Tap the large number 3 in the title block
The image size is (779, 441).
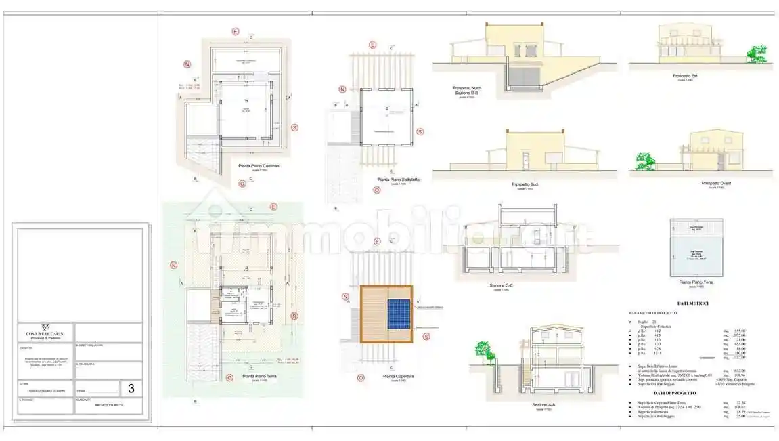[131, 389]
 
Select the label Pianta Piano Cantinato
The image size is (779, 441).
[259, 166]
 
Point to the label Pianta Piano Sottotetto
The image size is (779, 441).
[398, 180]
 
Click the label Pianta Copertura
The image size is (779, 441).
[399, 376]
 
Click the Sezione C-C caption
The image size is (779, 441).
[502, 285]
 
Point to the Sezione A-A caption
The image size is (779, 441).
[543, 405]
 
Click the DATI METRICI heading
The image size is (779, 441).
[692, 303]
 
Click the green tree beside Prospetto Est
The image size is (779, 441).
[756, 56]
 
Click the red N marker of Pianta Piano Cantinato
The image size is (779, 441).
[186, 64]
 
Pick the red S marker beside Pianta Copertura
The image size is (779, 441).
[426, 337]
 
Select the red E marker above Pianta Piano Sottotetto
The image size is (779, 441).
[372, 45]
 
